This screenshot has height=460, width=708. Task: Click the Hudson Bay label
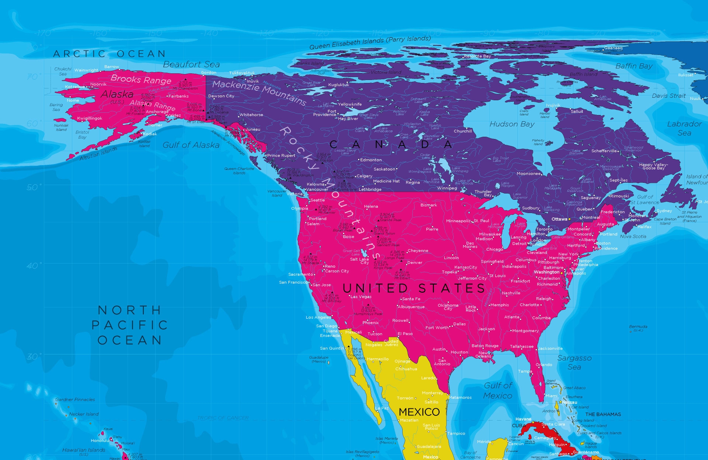click(x=512, y=124)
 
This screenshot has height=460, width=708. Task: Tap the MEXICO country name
click(x=419, y=412)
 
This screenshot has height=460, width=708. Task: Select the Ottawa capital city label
click(x=559, y=219)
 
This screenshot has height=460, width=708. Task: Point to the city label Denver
click(x=414, y=263)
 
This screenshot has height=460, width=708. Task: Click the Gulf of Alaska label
click(x=191, y=145)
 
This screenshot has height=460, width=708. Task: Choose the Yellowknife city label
click(x=350, y=104)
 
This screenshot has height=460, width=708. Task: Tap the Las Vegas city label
click(x=361, y=297)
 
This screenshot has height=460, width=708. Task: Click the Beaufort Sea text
click(x=191, y=65)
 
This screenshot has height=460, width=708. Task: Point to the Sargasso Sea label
click(x=574, y=362)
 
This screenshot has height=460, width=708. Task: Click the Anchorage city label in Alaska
click(x=157, y=112)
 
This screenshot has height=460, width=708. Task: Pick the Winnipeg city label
click(x=447, y=188)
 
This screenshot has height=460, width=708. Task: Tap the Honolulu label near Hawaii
click(x=100, y=440)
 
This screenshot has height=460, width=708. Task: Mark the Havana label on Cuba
click(x=523, y=419)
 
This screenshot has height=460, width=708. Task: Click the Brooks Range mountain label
click(x=141, y=80)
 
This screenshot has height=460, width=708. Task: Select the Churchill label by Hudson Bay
click(x=463, y=131)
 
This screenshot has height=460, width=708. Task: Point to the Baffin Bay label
click(x=634, y=66)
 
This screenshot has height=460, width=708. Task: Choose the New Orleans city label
click(x=483, y=355)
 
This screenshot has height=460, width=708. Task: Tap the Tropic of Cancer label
click(x=223, y=418)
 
